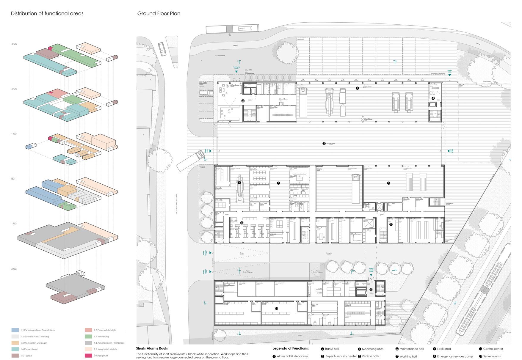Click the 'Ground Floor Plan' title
point(159,13)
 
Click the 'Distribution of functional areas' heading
point(47,13)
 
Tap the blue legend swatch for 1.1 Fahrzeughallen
point(15,330)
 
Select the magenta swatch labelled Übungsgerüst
point(88,356)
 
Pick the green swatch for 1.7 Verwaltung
point(88,337)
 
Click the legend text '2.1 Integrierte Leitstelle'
point(105,349)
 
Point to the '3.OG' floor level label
point(14,44)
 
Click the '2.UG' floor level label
point(14,269)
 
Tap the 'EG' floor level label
point(13,179)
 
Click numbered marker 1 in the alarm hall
point(357,88)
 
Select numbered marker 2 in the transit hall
point(324,144)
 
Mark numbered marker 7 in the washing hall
point(239,183)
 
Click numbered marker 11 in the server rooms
point(276,309)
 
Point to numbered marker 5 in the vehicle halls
point(388,183)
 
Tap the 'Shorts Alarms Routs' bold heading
point(152,348)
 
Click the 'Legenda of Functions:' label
point(290,348)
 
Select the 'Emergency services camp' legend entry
point(455,356)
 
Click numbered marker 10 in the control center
point(371,289)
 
